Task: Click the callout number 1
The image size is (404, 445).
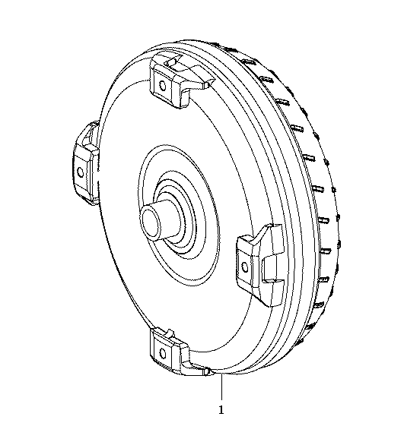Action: [x=221, y=410]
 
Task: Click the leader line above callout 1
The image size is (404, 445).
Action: [x=221, y=388]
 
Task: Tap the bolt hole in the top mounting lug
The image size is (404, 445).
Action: [x=163, y=85]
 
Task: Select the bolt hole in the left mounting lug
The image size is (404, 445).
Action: [x=81, y=172]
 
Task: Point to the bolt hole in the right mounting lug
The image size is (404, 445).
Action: [x=244, y=267]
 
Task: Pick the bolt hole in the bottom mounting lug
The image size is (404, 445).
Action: [x=163, y=353]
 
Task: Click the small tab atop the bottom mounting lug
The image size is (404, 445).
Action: [x=169, y=333]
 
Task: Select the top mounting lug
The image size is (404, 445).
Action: [x=177, y=81]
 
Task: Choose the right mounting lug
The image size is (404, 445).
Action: [x=260, y=265]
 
